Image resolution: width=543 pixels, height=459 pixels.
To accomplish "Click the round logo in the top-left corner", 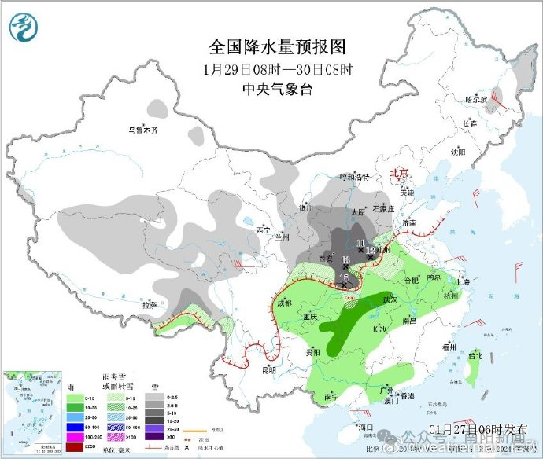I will pos(24,28).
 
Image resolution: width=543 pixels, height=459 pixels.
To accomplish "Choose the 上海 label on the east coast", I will pos(463,281).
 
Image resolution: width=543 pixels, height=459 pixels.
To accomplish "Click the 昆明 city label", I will pos(270,369).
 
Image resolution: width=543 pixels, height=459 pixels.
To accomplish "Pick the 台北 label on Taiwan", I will pos(475,355).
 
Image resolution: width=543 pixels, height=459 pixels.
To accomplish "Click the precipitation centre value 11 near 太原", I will pos(361,242).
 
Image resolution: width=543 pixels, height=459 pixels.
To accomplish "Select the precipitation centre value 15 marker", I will pos(344,277).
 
